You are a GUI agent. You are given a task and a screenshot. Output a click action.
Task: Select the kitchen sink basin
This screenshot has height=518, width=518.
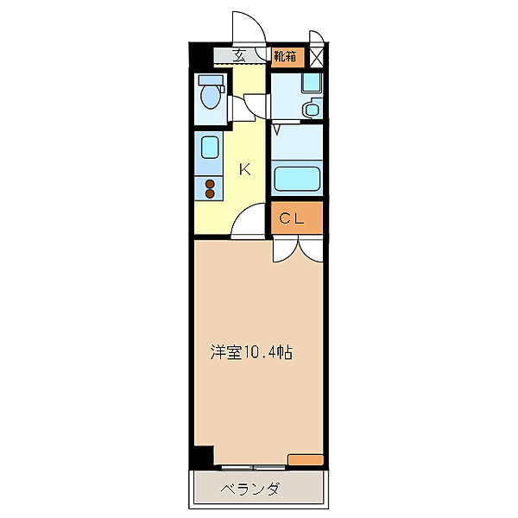coord(209,148)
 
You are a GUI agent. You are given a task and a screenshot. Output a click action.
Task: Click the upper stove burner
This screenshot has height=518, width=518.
coord(208,182)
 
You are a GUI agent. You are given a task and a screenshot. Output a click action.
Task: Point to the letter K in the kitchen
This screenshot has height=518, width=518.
coord(245,168)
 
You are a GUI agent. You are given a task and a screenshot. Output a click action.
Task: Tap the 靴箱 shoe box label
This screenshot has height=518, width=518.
coord(287,58)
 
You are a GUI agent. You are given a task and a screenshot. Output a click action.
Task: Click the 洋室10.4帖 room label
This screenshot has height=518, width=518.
coord(250,353)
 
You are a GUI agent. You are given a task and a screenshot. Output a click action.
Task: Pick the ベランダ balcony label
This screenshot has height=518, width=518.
coord(250,490)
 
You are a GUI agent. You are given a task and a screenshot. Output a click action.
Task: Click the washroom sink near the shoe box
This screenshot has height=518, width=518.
coord(313,109)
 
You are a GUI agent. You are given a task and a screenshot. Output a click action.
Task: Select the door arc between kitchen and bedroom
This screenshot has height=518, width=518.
coord(251,224)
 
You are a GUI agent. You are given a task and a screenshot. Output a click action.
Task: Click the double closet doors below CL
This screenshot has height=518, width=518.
coord(297,249)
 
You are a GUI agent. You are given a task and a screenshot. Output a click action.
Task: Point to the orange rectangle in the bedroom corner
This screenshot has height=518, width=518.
coord(305,459)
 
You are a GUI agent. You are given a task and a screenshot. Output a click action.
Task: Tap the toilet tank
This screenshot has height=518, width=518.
coord(210,81)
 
